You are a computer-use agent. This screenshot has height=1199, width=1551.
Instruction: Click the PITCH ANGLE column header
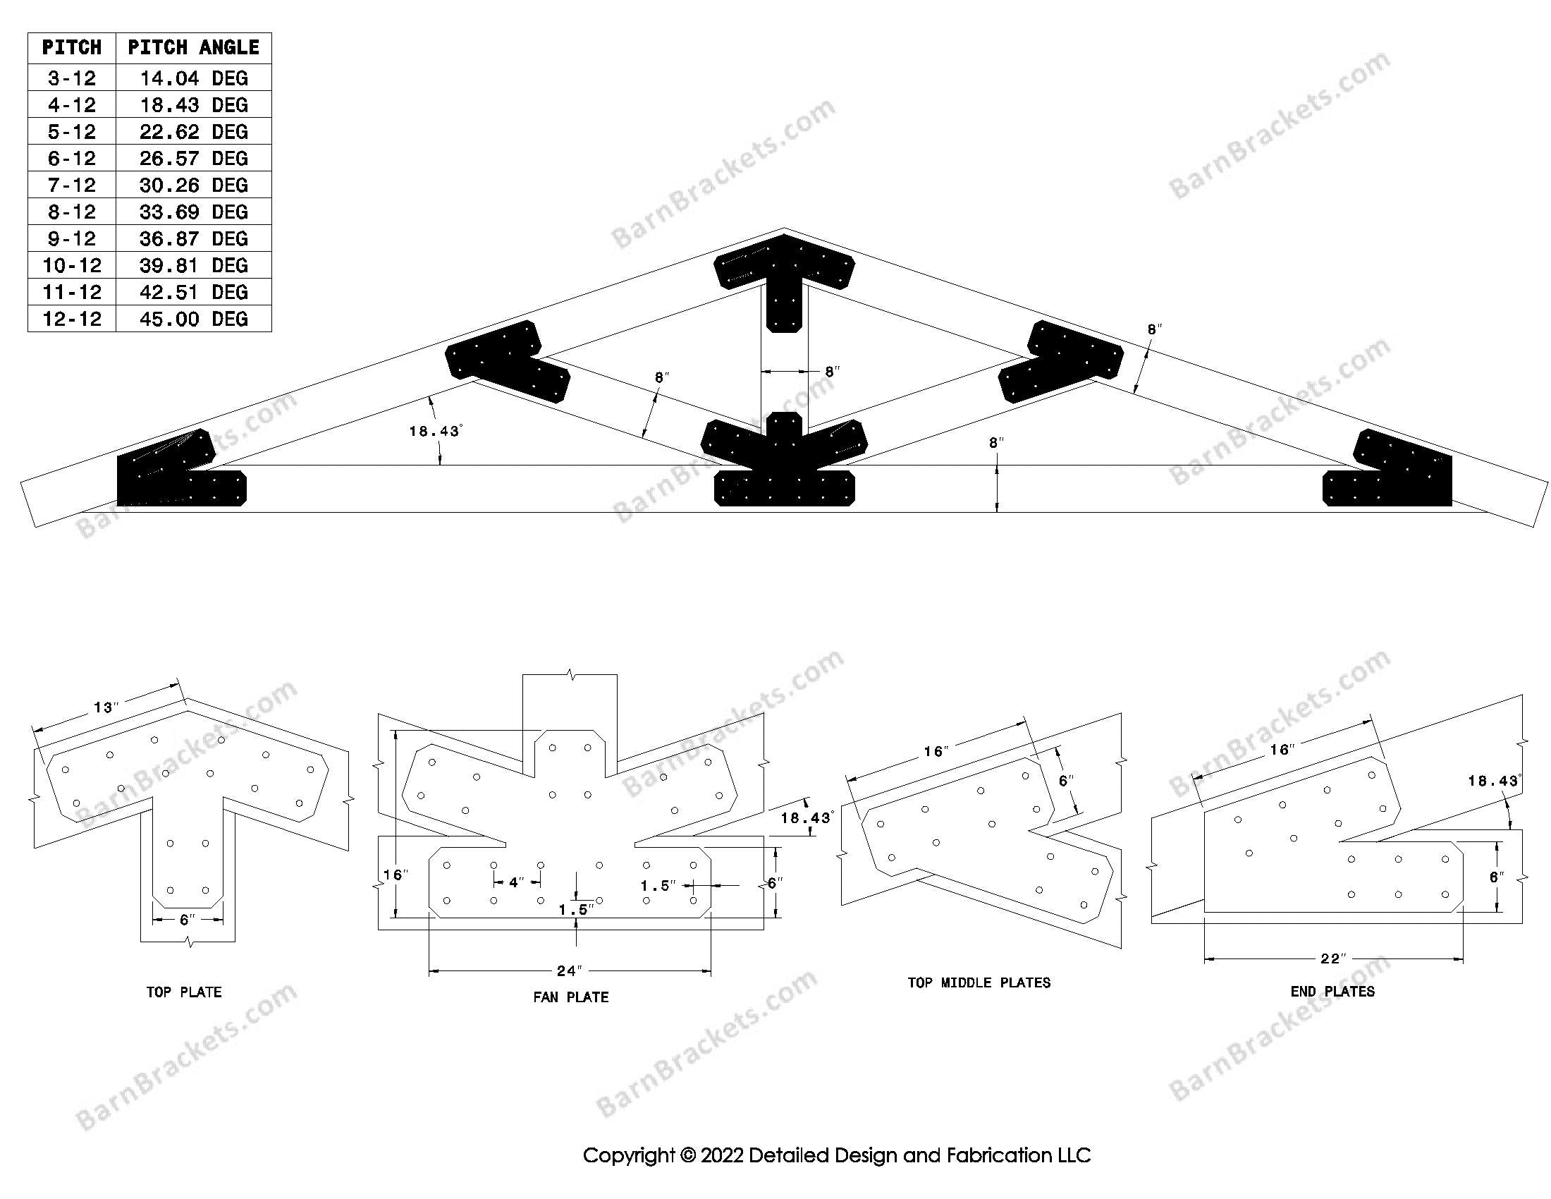coord(193,48)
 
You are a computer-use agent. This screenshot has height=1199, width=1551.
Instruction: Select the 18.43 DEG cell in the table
coord(193,105)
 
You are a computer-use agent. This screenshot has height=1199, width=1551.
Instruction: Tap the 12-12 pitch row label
coord(72,319)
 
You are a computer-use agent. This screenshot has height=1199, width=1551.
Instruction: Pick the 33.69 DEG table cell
coord(193,212)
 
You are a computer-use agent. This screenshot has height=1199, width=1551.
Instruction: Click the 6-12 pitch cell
coord(72,159)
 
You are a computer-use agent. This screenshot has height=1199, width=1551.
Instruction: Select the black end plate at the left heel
coord(178,476)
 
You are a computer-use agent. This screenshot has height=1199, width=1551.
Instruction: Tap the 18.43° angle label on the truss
coord(434,430)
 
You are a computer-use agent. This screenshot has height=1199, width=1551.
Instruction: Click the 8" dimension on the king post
coord(832,371)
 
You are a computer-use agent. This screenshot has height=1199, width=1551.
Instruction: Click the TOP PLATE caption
coord(184,992)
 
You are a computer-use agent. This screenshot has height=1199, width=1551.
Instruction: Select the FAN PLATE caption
coord(570,997)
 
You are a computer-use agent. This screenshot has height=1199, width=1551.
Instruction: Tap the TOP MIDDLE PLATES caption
coord(979,983)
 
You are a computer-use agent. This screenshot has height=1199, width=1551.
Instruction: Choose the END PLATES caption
coord(1332,992)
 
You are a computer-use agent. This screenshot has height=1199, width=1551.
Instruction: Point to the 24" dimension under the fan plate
coord(570,970)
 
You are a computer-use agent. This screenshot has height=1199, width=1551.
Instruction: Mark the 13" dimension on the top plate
coord(106,707)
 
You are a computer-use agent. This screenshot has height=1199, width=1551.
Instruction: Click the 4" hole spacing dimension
coord(516,883)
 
